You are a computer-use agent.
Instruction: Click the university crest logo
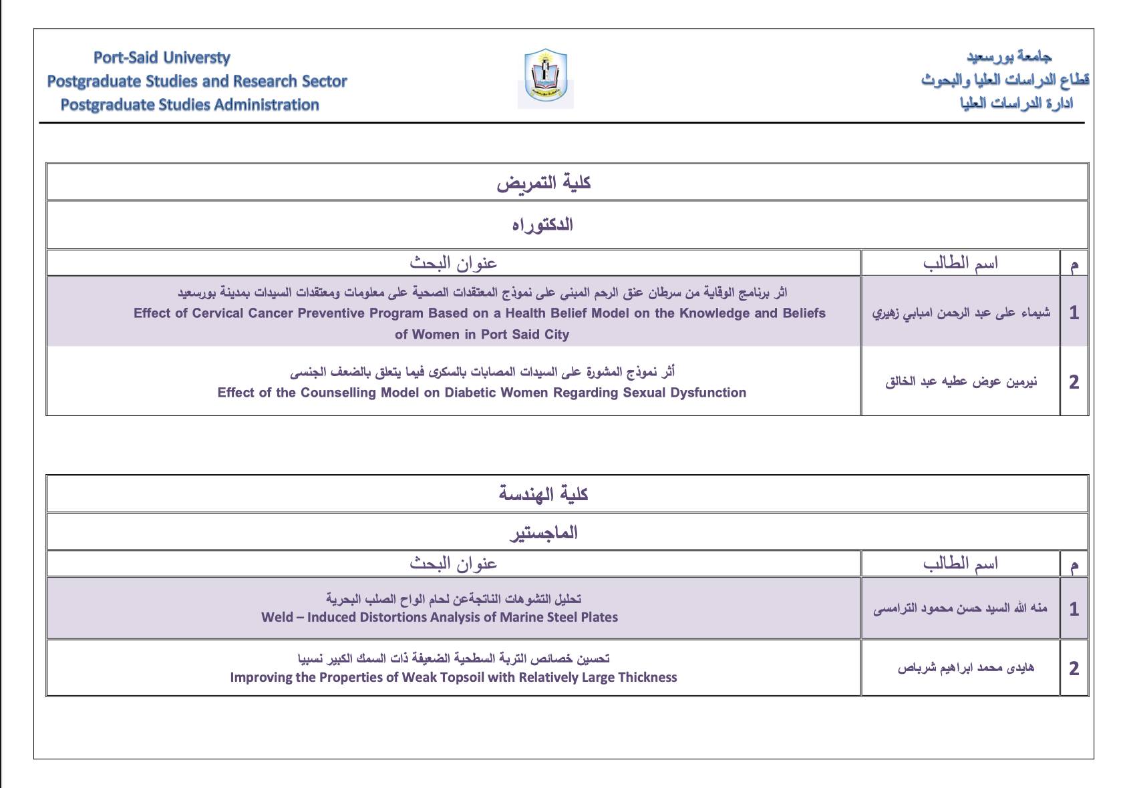click(545, 78)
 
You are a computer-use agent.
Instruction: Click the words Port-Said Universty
click(162, 57)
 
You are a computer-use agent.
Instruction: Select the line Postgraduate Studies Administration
click(190, 105)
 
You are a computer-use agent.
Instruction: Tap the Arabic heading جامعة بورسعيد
click(1009, 56)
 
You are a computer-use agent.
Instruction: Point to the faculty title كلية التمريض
click(543, 182)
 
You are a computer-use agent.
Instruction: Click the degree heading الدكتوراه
click(542, 224)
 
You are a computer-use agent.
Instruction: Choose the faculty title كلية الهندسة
click(543, 494)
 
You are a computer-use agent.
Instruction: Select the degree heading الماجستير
click(543, 532)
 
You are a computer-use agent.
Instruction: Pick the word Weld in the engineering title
click(277, 617)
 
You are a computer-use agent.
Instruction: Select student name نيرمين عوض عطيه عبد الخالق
click(961, 382)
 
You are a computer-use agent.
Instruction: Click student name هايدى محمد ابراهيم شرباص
click(965, 668)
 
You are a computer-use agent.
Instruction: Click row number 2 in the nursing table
click(1074, 382)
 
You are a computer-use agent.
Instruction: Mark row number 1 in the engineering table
click(1074, 609)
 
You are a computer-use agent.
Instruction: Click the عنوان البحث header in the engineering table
click(453, 564)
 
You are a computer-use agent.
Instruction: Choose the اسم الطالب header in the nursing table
click(960, 263)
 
